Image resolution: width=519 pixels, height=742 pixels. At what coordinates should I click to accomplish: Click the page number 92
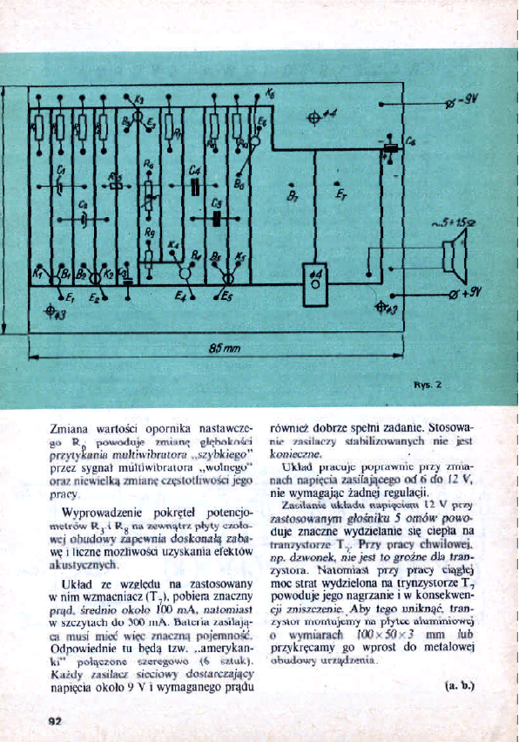point(55,720)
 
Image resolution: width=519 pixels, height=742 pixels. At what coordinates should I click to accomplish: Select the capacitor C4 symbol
point(195,184)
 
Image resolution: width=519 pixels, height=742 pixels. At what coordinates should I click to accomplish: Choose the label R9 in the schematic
point(150,233)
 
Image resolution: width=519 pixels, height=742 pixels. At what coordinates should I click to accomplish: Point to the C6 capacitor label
point(410,139)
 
